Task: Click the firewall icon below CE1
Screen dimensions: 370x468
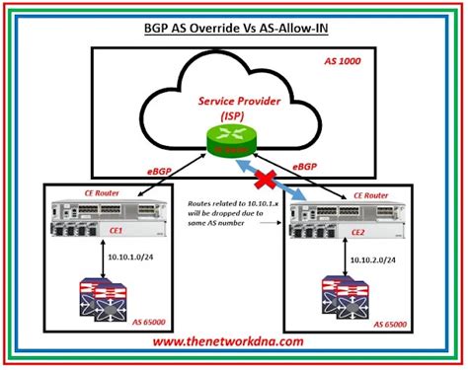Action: (106, 302)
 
